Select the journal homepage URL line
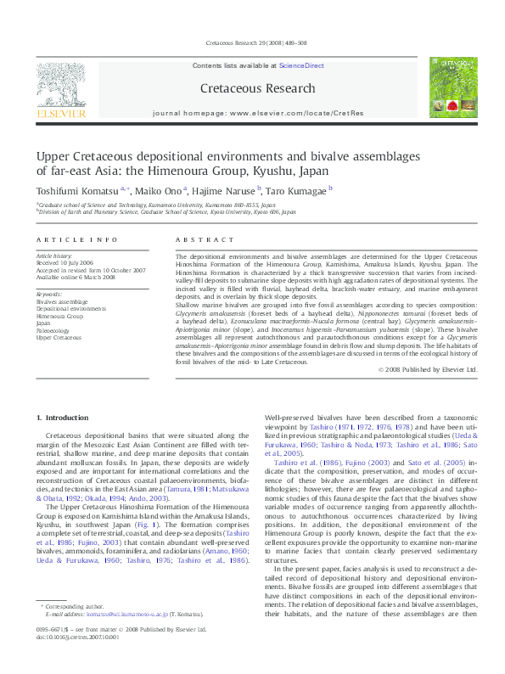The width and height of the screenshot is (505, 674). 258,113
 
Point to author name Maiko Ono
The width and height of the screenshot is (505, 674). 162,194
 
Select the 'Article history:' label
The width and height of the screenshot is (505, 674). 55,255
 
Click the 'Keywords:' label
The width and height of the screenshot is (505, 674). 48,293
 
